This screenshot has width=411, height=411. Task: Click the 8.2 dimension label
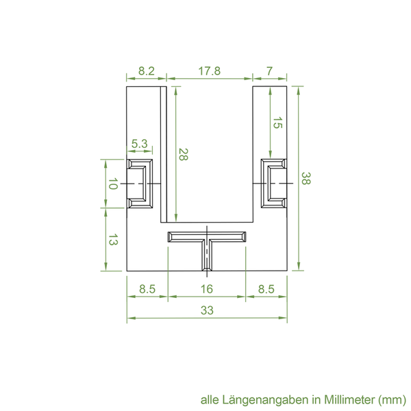[147, 71]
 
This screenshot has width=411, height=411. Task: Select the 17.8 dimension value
[209, 71]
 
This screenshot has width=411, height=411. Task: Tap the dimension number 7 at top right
[269, 71]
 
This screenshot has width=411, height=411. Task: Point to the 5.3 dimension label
[140, 144]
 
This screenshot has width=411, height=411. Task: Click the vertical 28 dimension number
[183, 154]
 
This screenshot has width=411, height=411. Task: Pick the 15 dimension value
[277, 123]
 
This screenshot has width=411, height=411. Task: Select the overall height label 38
[306, 178]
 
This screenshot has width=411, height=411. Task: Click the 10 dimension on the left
[113, 184]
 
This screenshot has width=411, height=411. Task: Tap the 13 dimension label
[113, 240]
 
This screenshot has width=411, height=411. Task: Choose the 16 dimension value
[207, 289]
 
